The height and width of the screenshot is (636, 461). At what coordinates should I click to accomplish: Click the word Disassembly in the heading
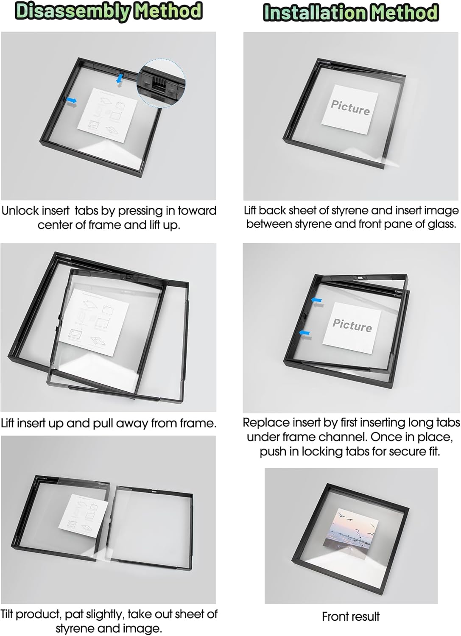[73, 12]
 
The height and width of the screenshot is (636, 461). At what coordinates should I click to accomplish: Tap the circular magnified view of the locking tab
[161, 83]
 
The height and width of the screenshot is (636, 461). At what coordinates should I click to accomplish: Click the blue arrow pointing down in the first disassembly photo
[120, 78]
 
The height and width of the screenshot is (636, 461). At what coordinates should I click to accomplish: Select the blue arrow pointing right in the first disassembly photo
[72, 100]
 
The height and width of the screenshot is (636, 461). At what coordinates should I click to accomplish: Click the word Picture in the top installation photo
[350, 108]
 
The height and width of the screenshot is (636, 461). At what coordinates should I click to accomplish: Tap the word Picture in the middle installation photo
[352, 325]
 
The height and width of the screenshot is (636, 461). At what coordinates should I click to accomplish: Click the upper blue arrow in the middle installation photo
[316, 300]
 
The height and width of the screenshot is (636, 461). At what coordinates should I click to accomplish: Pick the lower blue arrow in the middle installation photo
[305, 333]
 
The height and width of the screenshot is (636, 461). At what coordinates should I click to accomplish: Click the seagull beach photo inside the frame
[351, 534]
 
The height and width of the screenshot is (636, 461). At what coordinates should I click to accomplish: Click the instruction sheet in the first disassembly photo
[107, 116]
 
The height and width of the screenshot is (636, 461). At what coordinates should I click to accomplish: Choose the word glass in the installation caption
[441, 224]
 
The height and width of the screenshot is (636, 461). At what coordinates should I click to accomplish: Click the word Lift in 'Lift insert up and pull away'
[8, 423]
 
